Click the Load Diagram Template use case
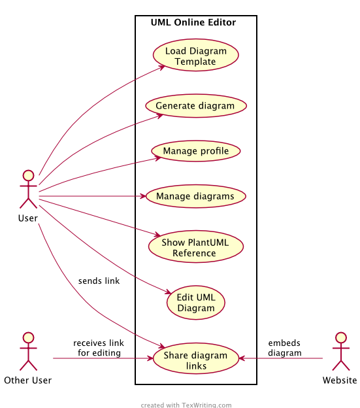point(196,55)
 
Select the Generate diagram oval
point(196,106)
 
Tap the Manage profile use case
point(196,151)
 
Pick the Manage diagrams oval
point(196,196)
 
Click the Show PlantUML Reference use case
point(196,246)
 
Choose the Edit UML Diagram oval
point(196,302)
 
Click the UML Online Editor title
point(193,22)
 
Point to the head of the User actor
point(28,175)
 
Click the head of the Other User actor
point(28,337)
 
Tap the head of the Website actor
point(341,337)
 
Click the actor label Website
point(340,381)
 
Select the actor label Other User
point(28,381)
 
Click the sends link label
point(99,281)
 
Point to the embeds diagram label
point(285,348)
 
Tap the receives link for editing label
point(99,348)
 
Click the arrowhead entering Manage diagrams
point(143,196)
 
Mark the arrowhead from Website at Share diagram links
point(242,358)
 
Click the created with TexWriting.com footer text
point(186,405)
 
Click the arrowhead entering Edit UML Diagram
point(168,292)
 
